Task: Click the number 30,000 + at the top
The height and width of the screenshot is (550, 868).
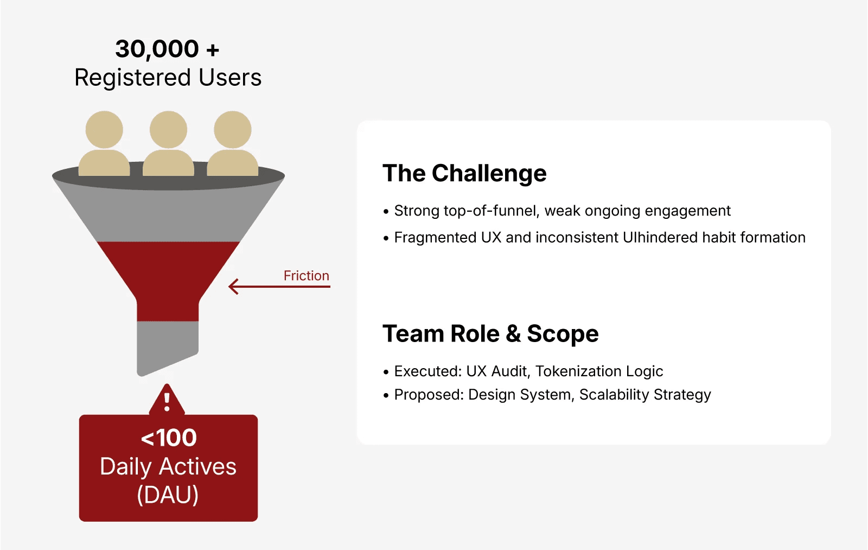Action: [x=167, y=49]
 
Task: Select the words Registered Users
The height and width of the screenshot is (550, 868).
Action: [x=168, y=78]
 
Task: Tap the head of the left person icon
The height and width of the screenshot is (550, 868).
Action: [x=104, y=129]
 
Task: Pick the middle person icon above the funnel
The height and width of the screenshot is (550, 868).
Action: [x=168, y=144]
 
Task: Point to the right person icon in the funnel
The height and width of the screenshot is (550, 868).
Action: [x=232, y=144]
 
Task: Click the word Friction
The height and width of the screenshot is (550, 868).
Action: [x=306, y=275]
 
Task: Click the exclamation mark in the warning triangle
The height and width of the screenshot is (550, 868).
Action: [x=167, y=402]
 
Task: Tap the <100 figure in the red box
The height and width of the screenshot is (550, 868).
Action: [x=168, y=438]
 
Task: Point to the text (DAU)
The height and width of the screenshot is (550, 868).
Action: [x=168, y=495]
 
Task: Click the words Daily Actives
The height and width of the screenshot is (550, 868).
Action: [x=168, y=466]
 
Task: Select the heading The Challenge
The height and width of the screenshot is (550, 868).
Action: [x=464, y=173]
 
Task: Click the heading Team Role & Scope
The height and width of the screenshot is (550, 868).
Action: [x=490, y=333]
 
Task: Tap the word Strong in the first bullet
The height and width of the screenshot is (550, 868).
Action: [x=417, y=211]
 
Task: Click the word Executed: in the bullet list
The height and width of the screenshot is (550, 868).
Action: [x=427, y=371]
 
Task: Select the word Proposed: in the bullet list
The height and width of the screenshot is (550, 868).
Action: [x=429, y=394]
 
